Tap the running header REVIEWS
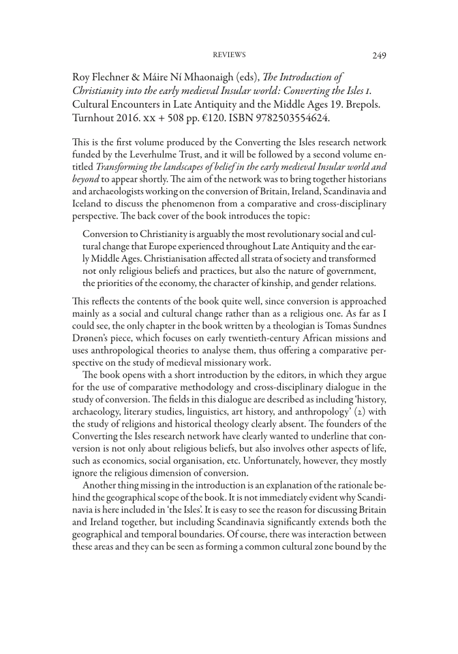(x=229, y=55)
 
